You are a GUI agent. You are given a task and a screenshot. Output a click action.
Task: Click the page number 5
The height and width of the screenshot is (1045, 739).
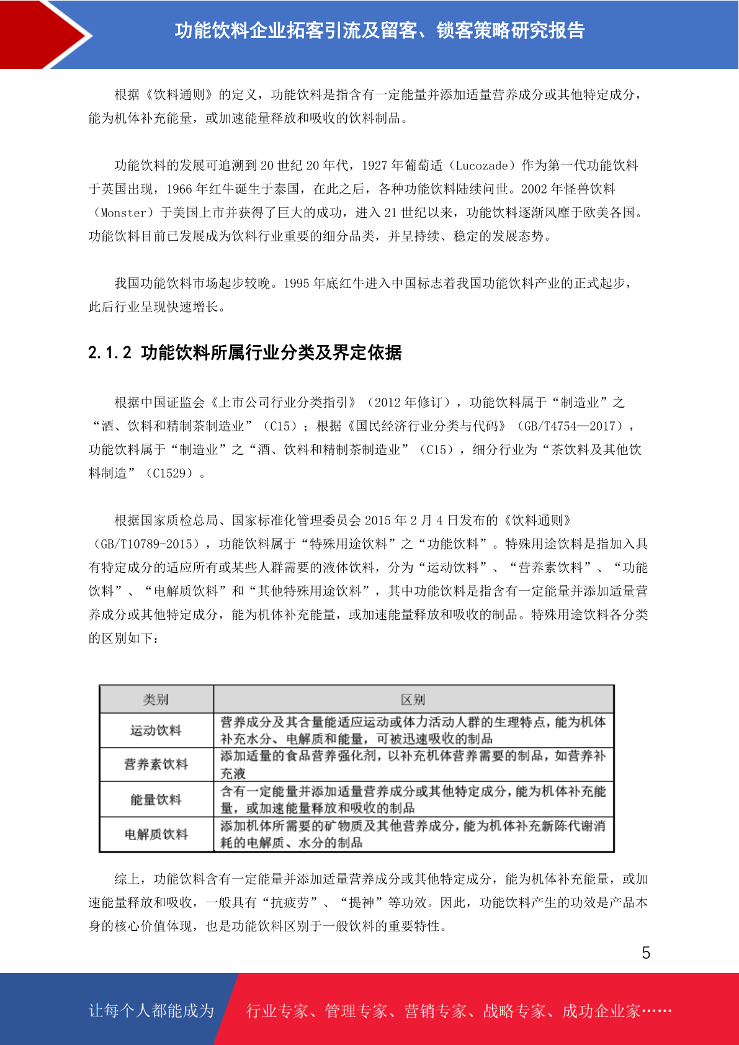click(646, 953)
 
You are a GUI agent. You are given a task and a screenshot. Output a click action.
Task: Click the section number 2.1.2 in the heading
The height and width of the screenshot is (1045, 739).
click(110, 353)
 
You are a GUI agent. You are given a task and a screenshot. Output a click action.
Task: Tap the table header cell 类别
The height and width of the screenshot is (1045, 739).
click(156, 699)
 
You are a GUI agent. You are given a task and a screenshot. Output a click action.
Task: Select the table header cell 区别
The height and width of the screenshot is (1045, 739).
click(413, 699)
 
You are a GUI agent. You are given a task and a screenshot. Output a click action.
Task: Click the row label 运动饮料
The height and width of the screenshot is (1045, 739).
click(156, 730)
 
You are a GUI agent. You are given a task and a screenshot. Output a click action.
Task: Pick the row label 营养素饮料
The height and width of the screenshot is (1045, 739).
click(156, 765)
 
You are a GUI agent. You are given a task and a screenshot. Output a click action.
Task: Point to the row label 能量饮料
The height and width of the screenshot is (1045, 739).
click(156, 799)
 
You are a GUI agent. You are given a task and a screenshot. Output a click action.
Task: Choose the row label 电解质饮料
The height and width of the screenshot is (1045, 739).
click(156, 834)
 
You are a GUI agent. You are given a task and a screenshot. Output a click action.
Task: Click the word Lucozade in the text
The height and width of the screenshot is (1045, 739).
click(481, 166)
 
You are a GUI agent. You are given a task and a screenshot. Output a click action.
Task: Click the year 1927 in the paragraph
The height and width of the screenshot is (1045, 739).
click(375, 166)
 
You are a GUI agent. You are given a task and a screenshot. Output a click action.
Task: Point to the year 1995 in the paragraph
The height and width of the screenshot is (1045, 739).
click(297, 284)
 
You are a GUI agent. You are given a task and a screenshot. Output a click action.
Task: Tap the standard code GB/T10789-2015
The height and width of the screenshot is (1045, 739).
click(146, 544)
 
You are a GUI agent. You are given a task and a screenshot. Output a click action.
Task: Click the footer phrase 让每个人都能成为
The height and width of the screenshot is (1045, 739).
click(151, 1011)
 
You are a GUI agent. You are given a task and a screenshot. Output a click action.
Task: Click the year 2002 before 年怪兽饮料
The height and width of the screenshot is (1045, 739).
click(534, 189)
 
